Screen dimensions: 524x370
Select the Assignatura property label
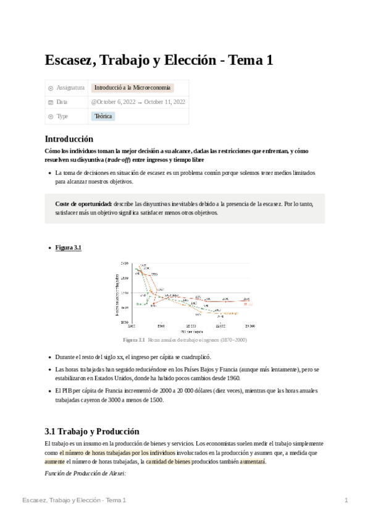coord(70,88)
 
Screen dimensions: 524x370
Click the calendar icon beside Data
coord(50,102)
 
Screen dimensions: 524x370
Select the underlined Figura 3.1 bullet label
coord(69,248)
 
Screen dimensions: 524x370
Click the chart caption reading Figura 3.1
coord(133,340)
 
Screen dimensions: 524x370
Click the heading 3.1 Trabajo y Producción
coord(92,431)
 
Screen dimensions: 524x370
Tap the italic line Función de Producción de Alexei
coord(85,473)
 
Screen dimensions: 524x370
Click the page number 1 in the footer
coord(346,500)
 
